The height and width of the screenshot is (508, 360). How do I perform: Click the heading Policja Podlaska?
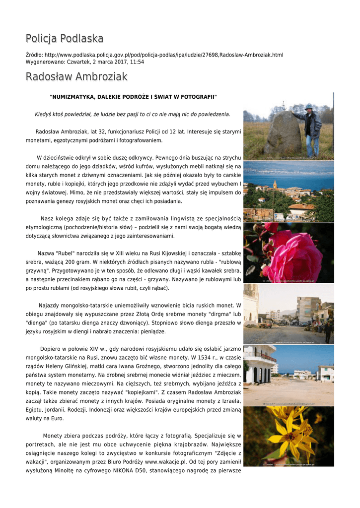coord(65,38)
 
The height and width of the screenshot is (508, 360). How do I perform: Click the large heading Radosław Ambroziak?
coord(76,76)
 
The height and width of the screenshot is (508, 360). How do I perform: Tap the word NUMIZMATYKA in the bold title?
coord(73,96)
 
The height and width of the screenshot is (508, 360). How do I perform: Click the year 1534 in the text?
coord(202,358)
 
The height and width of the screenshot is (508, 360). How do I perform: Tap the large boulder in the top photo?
coord(284,134)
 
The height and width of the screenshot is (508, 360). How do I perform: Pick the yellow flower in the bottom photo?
coord(293,437)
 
